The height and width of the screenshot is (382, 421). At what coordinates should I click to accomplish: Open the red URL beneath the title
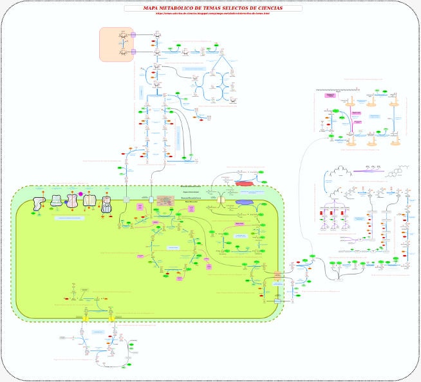point(212,14)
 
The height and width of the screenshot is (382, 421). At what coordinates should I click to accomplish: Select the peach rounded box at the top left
point(116,44)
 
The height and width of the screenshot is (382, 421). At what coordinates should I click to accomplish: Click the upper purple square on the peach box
point(133,35)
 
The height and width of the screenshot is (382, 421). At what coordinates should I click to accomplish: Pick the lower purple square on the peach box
point(133,52)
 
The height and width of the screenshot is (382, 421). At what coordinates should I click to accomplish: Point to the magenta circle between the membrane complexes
point(80,194)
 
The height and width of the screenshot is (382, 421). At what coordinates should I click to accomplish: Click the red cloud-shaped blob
point(245,183)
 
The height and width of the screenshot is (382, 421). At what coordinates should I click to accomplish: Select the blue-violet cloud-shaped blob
point(245,202)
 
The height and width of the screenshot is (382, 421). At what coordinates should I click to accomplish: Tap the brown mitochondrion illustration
point(166,201)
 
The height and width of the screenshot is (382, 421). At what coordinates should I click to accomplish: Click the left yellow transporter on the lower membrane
point(85,318)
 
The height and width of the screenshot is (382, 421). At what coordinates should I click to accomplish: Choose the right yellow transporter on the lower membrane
point(111,318)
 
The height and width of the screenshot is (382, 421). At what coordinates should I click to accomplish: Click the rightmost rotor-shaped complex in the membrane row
point(107,205)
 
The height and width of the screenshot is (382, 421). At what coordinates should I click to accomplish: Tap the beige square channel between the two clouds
point(221,200)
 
